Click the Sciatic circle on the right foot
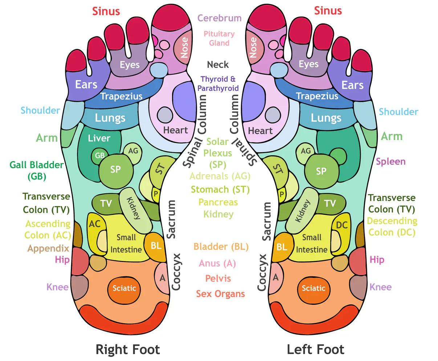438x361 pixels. [124, 288]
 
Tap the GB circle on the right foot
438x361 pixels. [100, 156]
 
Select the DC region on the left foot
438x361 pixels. [341, 225]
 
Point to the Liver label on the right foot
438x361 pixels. [99, 138]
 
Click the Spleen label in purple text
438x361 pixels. [390, 161]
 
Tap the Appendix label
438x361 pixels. [48, 249]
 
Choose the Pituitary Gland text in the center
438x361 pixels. [219, 38]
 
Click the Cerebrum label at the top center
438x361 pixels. [219, 18]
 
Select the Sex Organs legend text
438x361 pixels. [220, 294]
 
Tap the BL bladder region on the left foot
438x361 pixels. [282, 247]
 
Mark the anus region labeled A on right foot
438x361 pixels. [162, 278]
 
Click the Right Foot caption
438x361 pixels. [127, 350]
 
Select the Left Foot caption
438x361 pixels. [315, 350]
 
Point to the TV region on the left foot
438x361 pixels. [330, 204]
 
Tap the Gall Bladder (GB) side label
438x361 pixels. [36, 170]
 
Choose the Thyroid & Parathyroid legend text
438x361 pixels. [218, 83]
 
